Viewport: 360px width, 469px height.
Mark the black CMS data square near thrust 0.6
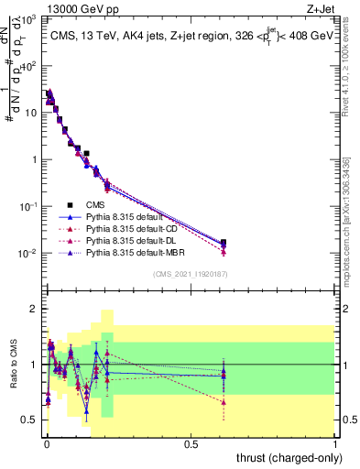point(224,243)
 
